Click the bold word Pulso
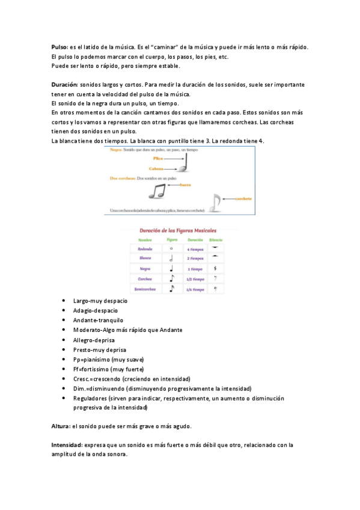click(x=59, y=47)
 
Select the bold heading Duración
click(x=64, y=85)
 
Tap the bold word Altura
click(x=60, y=426)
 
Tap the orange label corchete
click(x=242, y=199)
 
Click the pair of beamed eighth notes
click(x=157, y=191)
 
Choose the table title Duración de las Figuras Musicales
click(x=179, y=230)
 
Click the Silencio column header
click(x=215, y=239)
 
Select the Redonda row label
click(x=145, y=248)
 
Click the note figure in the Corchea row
click(x=171, y=278)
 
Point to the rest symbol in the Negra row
click(x=215, y=268)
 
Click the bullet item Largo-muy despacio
click(x=100, y=300)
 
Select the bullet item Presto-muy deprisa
click(x=99, y=349)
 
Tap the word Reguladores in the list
click(x=90, y=398)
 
